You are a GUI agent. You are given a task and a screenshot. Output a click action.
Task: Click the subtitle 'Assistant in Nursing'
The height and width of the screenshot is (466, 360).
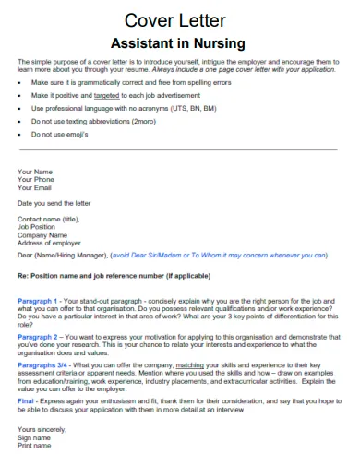[x=178, y=42]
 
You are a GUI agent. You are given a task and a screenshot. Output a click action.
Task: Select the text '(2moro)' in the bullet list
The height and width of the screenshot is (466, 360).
[x=143, y=121]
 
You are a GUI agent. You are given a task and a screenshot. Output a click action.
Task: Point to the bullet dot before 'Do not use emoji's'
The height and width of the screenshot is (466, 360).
[x=20, y=134]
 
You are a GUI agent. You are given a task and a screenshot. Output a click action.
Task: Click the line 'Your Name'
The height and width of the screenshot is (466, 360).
[x=35, y=172]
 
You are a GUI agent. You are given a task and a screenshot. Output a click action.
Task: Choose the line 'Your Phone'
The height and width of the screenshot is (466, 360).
[x=37, y=180]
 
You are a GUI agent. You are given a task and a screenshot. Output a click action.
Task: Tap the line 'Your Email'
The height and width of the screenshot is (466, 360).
[x=36, y=188]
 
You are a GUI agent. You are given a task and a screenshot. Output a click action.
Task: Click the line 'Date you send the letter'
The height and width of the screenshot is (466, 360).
[x=54, y=203]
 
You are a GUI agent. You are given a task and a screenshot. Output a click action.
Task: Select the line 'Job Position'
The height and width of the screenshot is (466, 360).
[x=37, y=226]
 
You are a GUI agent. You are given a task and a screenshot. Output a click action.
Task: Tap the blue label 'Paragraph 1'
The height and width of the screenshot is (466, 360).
[x=38, y=301]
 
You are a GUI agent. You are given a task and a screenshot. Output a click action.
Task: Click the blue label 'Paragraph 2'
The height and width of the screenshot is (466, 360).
[x=38, y=337]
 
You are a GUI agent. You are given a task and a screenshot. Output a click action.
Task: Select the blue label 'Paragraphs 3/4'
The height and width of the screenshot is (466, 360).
[x=42, y=365]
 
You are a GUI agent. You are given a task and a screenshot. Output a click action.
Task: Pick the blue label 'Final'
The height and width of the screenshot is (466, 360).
[x=26, y=401]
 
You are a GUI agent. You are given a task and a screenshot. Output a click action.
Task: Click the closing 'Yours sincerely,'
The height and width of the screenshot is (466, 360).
[x=42, y=430]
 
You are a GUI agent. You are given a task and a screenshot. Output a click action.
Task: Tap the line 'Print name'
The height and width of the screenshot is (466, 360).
[x=35, y=445]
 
